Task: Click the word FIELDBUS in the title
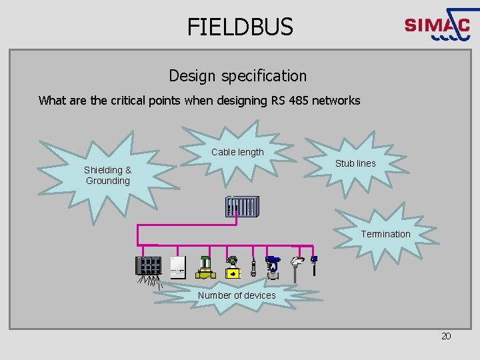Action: (240, 27)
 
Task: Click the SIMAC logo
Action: (437, 27)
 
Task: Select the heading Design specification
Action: (237, 76)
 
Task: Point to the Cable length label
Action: (237, 152)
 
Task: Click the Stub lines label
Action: (355, 163)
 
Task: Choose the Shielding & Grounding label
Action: (108, 175)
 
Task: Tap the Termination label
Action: (385, 234)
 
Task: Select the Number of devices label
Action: (237, 295)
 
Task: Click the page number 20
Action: (446, 336)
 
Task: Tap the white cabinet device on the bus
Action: (178, 266)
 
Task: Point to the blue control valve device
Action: (273, 266)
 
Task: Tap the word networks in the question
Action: (337, 101)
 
